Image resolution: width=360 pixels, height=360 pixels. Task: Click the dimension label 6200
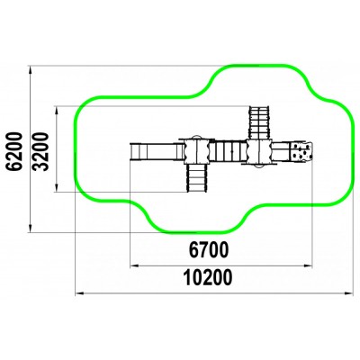click(x=15, y=151)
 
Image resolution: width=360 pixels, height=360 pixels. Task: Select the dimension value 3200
click(x=40, y=151)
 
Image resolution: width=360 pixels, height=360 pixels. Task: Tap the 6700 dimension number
click(x=209, y=249)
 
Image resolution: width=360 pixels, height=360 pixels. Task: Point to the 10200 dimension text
click(x=208, y=277)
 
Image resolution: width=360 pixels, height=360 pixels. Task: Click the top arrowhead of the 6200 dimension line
click(x=30, y=69)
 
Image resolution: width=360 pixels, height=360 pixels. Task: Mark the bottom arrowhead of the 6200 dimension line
click(x=30, y=228)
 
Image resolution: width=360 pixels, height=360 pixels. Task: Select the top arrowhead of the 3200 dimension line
click(x=56, y=110)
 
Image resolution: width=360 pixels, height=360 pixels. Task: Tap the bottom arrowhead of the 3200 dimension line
click(x=56, y=187)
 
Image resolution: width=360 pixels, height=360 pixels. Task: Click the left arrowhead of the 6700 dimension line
click(x=134, y=265)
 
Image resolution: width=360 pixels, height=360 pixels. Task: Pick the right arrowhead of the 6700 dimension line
click(x=308, y=265)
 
